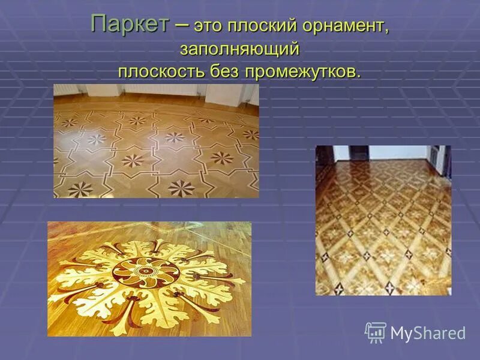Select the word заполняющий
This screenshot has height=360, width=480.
pyautogui.click(x=239, y=50)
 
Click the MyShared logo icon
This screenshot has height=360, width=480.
pyautogui.click(x=375, y=332)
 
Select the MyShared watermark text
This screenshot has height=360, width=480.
pyautogui.click(x=428, y=333)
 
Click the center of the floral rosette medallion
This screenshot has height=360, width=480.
pyautogui.click(x=146, y=271)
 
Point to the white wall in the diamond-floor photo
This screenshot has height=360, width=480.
pyautogui.click(x=384, y=152)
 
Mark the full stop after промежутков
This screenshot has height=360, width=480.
pyautogui.click(x=360, y=76)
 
